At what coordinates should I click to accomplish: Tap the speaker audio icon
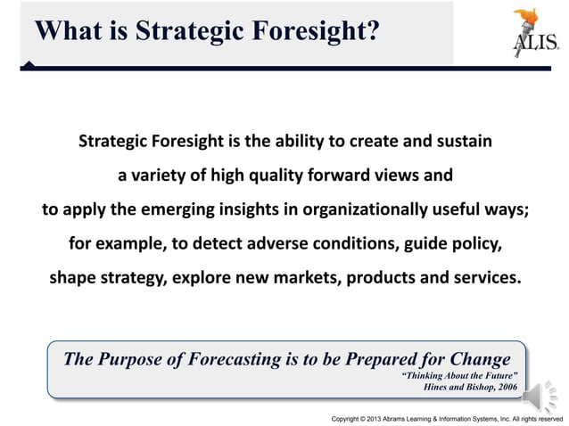540,393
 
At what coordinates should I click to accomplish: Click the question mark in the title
373,30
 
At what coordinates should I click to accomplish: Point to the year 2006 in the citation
504,386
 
